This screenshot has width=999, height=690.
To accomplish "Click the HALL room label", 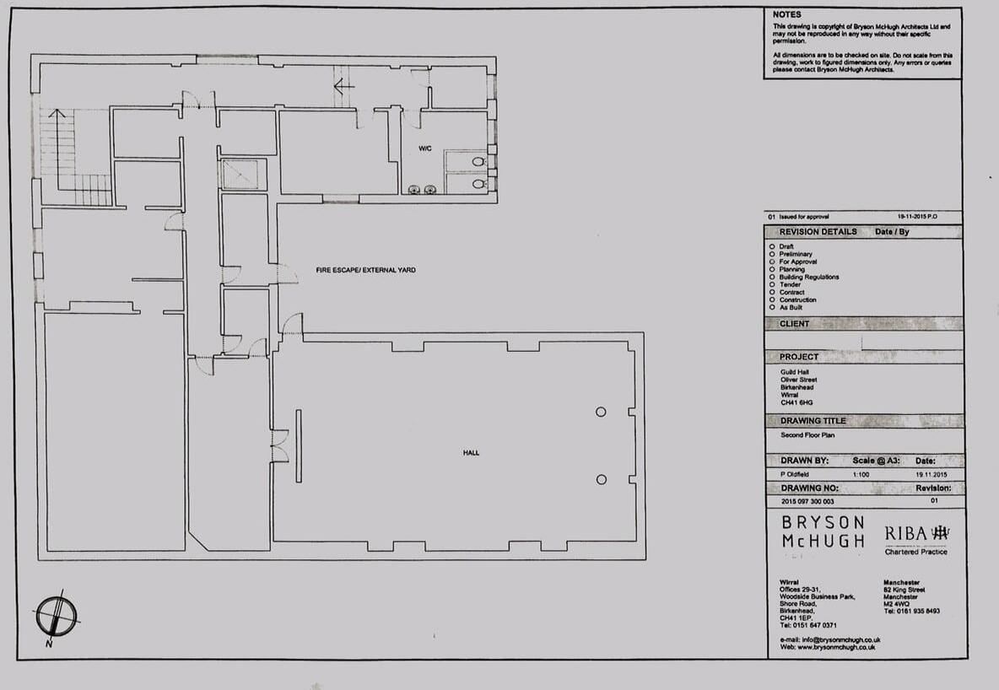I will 471,453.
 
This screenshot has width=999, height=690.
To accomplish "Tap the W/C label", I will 426,149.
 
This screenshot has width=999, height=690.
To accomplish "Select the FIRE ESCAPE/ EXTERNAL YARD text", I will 365,270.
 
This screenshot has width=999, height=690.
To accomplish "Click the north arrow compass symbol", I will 57,617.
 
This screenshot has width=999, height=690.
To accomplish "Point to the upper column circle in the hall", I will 601,412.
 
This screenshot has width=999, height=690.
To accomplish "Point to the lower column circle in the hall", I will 601,479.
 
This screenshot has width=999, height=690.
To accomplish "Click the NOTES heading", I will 787,14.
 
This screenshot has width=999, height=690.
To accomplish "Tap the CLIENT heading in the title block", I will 794,324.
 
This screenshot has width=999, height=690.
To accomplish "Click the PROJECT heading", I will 798,357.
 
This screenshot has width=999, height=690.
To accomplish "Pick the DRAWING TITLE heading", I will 813,421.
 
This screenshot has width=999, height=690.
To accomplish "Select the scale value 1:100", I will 861,475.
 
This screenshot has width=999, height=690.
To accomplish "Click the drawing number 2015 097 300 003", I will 807,502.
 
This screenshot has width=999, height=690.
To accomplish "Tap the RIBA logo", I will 916,533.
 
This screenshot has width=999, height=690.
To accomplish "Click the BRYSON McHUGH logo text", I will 823,532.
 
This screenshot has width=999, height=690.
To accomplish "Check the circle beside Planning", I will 772,269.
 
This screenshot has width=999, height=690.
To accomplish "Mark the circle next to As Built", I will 772,307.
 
